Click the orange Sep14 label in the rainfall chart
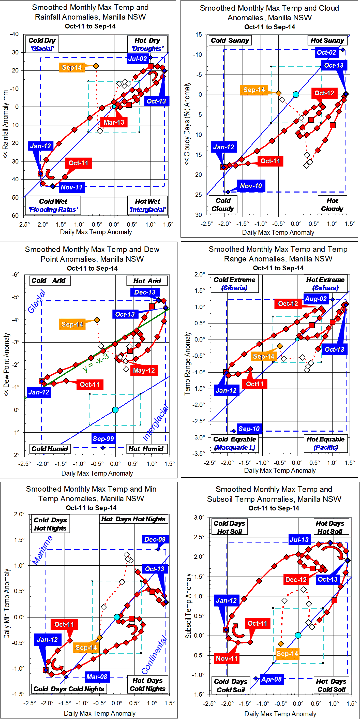pyautogui.click(x=71, y=67)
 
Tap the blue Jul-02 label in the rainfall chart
pyautogui.click(x=137, y=59)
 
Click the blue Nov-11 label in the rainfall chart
pyautogui.click(x=72, y=187)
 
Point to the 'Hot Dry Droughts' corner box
pyautogui.click(x=147, y=44)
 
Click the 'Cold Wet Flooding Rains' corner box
pyautogui.click(x=53, y=205)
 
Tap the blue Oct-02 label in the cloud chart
pyautogui.click(x=326, y=52)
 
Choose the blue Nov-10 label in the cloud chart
pyautogui.click(x=251, y=186)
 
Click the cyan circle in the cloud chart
pyautogui.click(x=296, y=94)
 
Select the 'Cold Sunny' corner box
pyautogui.click(x=230, y=40)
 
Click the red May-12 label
pyautogui.click(x=144, y=370)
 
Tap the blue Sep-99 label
pyautogui.click(x=103, y=438)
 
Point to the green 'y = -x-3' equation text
pyautogui.click(x=96, y=362)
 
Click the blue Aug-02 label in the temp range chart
pyautogui.click(x=316, y=299)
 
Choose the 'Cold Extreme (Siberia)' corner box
pyautogui.click(x=234, y=283)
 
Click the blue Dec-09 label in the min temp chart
pyautogui.click(x=155, y=539)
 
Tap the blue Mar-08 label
pyautogui.click(x=97, y=677)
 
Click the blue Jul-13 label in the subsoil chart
pyautogui.click(x=299, y=539)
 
